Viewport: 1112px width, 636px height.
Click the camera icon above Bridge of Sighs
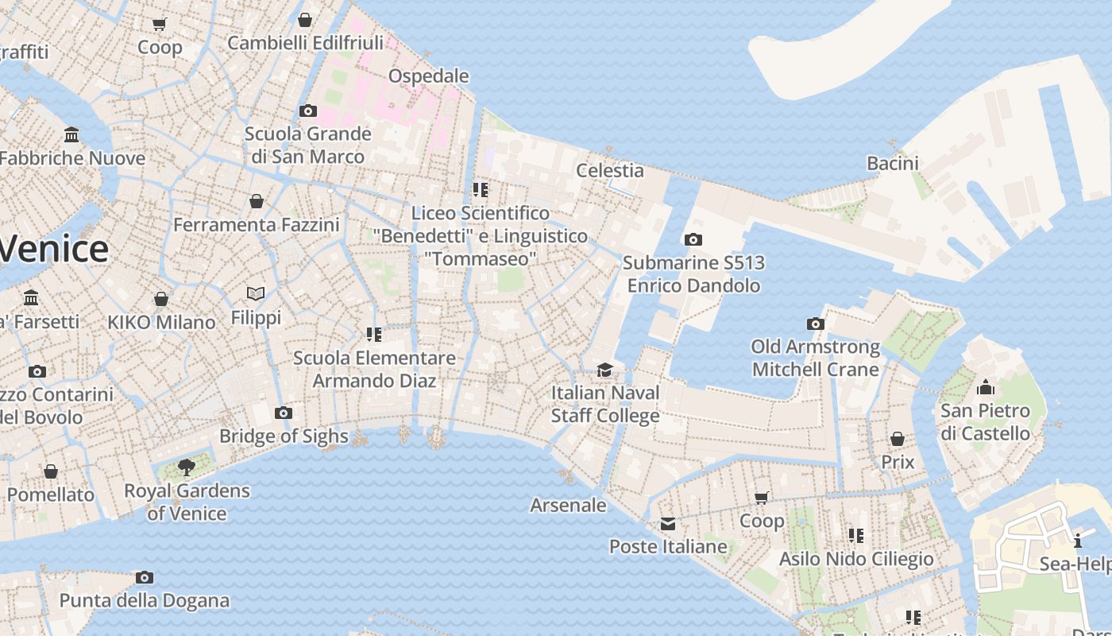pyautogui.click(x=284, y=413)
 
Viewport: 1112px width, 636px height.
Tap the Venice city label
pyautogui.click(x=52, y=249)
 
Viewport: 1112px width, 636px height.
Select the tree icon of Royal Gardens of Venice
pyautogui.click(x=187, y=467)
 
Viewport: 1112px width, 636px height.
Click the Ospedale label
pyautogui.click(x=428, y=76)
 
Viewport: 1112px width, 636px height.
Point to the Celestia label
pyautogui.click(x=609, y=170)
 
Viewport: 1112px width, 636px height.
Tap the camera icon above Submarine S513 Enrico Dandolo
pyautogui.click(x=693, y=239)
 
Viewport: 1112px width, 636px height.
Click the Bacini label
pyautogui.click(x=892, y=164)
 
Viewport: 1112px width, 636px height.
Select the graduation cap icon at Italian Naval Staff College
pyautogui.click(x=605, y=370)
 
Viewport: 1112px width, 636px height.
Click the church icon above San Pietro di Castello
pyautogui.click(x=986, y=387)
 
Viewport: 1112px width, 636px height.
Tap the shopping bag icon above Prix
pyautogui.click(x=897, y=439)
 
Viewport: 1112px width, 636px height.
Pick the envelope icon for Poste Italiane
pyautogui.click(x=668, y=523)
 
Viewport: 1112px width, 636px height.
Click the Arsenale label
pyautogui.click(x=568, y=505)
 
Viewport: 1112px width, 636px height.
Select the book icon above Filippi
pyautogui.click(x=256, y=294)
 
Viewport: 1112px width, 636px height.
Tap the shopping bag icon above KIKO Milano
pyautogui.click(x=161, y=299)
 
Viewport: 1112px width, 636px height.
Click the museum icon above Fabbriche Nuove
pyautogui.click(x=72, y=134)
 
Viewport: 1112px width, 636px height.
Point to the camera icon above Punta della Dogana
pyautogui.click(x=144, y=577)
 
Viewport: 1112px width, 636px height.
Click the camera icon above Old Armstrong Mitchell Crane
pyautogui.click(x=815, y=324)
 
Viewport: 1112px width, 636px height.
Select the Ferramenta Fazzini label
pyautogui.click(x=256, y=225)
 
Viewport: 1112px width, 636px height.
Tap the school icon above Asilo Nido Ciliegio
pyautogui.click(x=855, y=535)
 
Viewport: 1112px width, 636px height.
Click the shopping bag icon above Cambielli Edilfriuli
pyautogui.click(x=304, y=20)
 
